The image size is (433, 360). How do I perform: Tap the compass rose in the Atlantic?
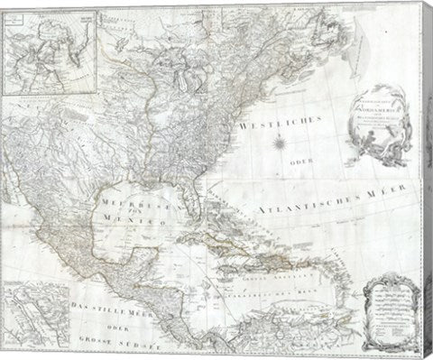pyautogui.click(x=281, y=143)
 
